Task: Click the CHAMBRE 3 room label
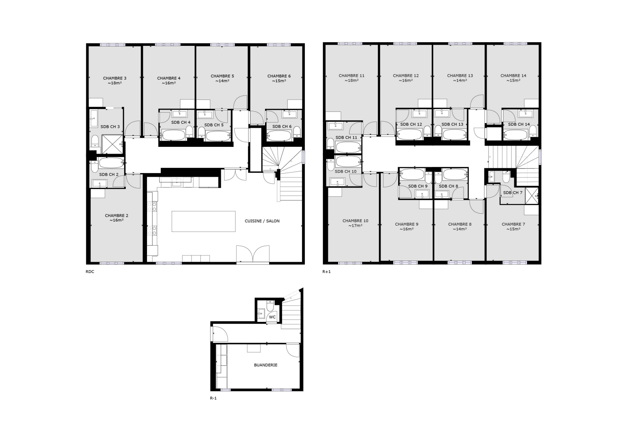115,78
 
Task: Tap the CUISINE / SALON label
262,221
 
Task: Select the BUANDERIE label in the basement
266,365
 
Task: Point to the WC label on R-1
272,317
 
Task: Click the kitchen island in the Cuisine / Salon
203,221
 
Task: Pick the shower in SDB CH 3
112,144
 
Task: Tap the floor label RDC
90,271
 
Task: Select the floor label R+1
326,271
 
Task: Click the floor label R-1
213,398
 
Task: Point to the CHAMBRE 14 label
514,75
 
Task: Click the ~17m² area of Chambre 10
355,226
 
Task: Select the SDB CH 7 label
512,193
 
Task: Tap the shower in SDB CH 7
531,196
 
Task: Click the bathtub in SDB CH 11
348,147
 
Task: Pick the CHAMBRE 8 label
460,224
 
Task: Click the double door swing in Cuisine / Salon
253,254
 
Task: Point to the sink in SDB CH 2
100,183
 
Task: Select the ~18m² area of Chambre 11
352,81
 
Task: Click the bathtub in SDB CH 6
279,136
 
